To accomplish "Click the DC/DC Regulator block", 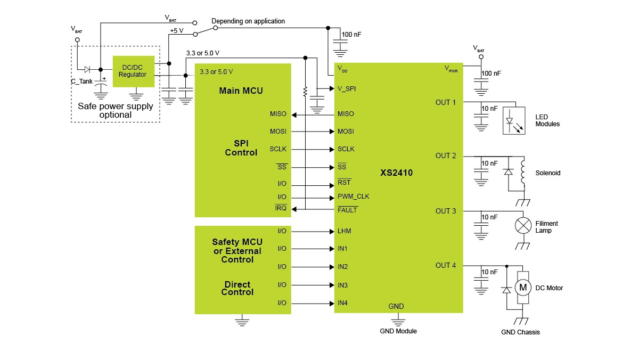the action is [134, 71].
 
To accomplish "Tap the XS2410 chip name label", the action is [396, 173].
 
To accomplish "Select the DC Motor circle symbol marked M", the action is [523, 288].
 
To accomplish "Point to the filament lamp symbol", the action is [523, 225].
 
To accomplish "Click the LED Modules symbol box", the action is [514, 121].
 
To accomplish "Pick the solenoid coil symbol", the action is [522, 172].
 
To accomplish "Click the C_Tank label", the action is [81, 81].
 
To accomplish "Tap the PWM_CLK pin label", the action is [353, 197].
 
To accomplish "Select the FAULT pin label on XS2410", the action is [347, 210].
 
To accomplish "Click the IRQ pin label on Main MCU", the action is [281, 208].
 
